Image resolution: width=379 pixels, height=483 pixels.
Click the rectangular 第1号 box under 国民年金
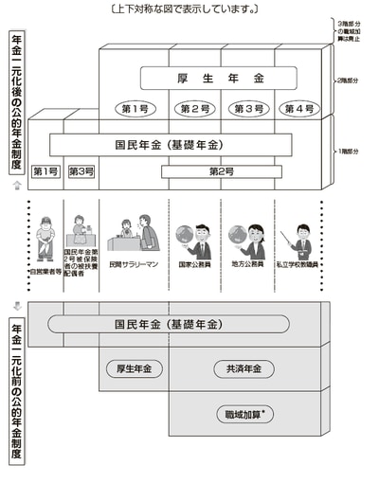tap(45, 171)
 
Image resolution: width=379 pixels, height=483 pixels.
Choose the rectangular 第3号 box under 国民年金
tap(81, 171)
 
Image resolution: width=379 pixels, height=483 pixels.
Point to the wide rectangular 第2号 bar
tap(220, 171)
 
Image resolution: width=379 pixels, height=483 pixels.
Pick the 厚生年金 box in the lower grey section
tap(134, 368)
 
